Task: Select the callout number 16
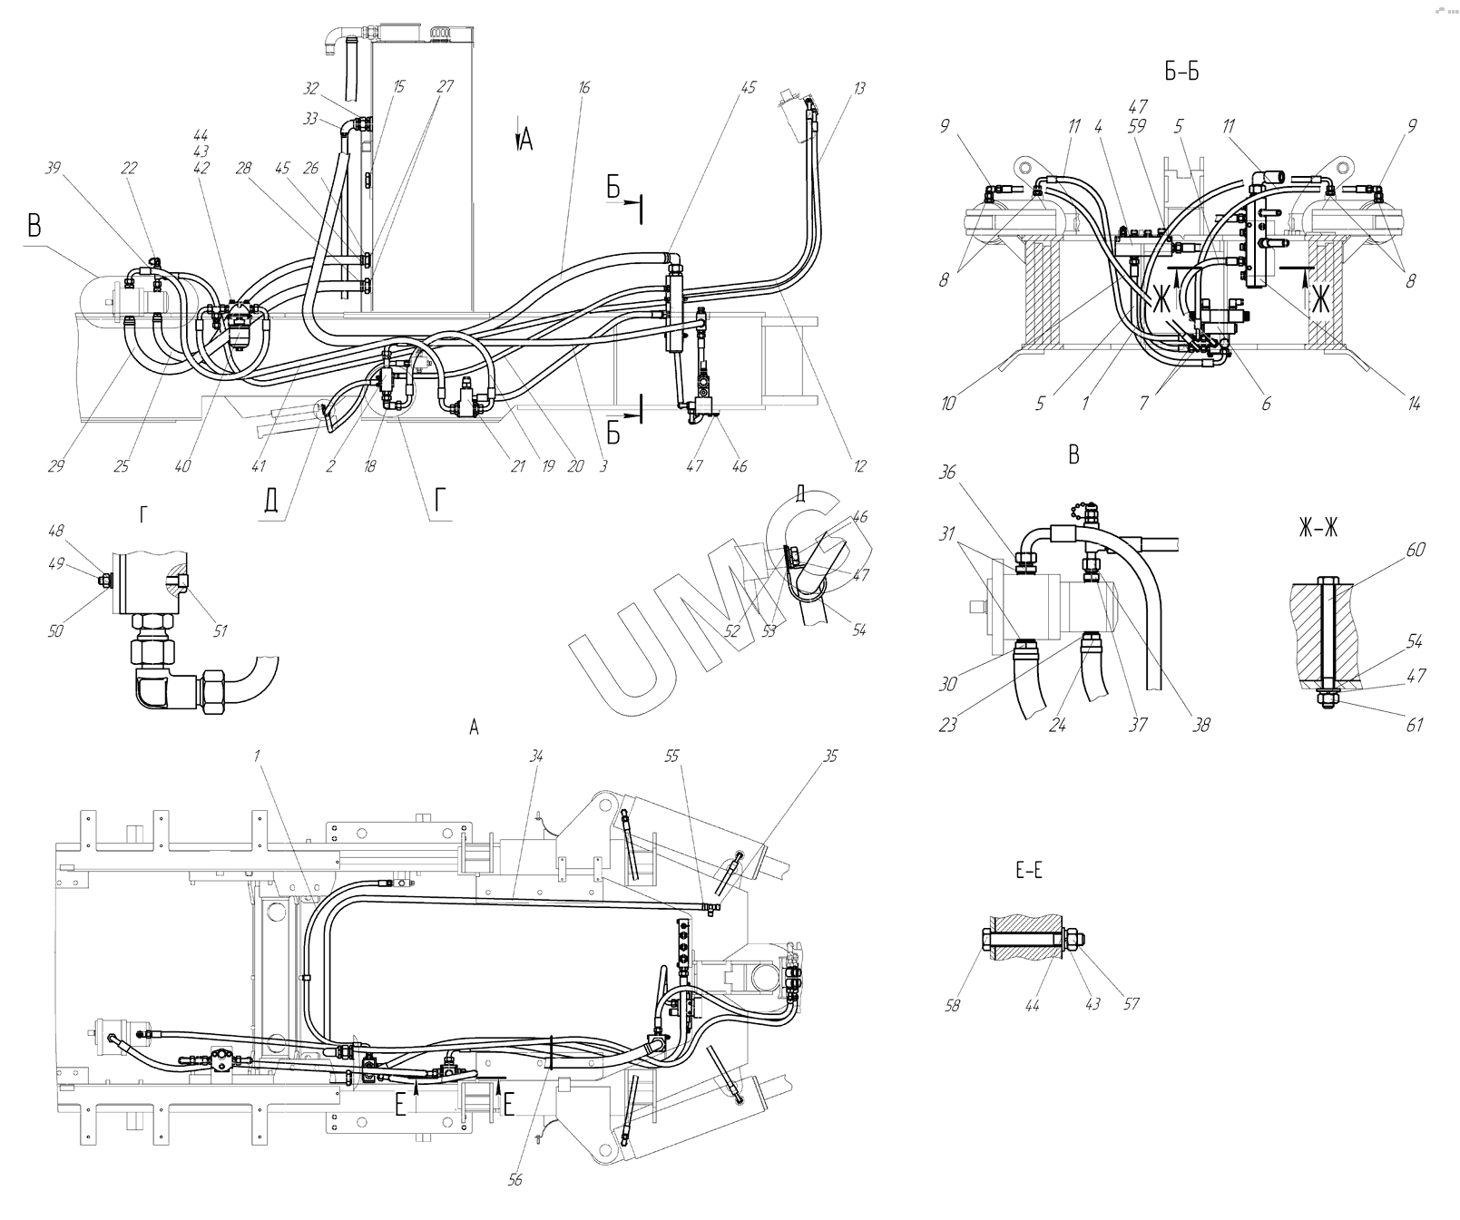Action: (583, 88)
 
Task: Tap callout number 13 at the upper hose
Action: (859, 88)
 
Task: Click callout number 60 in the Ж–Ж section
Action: (1416, 550)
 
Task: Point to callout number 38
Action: (1201, 724)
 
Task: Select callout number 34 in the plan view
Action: (536, 755)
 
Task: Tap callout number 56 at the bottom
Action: (515, 1179)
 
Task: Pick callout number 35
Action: (831, 755)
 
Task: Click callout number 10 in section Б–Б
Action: (948, 404)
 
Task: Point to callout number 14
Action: (1413, 404)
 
